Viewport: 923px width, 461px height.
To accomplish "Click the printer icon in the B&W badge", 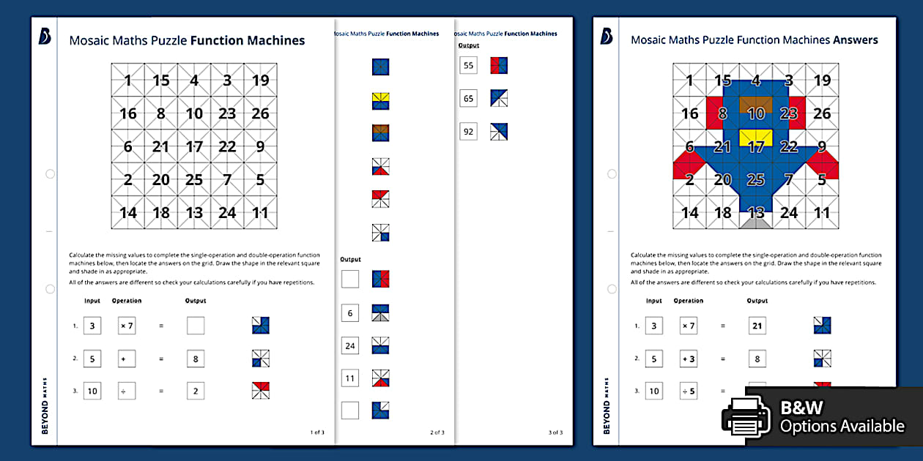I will [x=746, y=417].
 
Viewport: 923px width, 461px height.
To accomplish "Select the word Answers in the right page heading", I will [x=855, y=40].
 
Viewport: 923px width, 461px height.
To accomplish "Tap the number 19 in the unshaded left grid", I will [x=260, y=80].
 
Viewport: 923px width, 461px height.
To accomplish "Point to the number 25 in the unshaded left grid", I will [x=194, y=179].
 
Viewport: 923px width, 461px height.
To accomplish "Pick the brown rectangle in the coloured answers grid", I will [x=756, y=105].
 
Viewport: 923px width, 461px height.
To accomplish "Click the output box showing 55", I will [x=468, y=66].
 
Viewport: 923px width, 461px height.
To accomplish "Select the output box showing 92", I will [x=468, y=132].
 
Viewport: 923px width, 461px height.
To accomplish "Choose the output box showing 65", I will [x=468, y=98].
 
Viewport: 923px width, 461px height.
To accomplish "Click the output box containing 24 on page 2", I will [x=350, y=345].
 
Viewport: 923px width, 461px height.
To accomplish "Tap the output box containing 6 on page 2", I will [x=350, y=313].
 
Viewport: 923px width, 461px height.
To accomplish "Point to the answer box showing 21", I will [x=757, y=326].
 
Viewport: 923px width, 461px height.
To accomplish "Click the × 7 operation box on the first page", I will [x=127, y=326].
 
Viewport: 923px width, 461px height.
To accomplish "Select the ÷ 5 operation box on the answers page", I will [x=689, y=391].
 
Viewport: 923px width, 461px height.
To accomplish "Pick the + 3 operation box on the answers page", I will [x=689, y=359].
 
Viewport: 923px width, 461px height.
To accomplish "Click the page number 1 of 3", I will [x=317, y=432].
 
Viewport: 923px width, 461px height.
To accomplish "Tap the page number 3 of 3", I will [x=555, y=432].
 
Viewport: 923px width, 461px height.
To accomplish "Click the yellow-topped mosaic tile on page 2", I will [x=380, y=100].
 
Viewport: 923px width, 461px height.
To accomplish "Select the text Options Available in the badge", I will [x=842, y=426].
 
